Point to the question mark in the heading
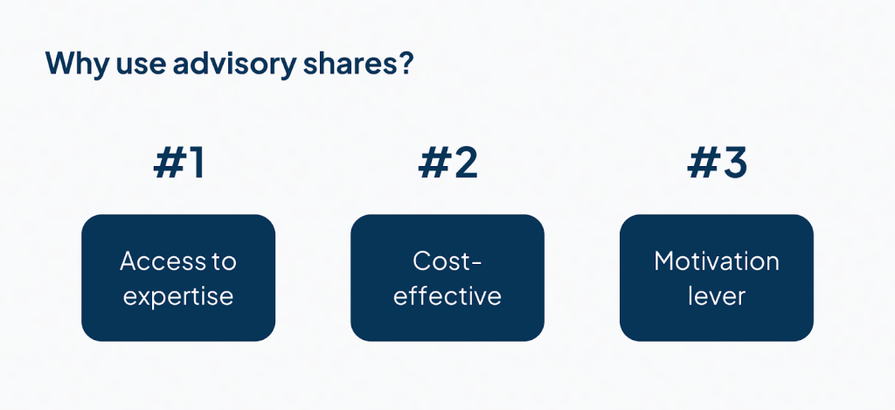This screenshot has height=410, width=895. (x=402, y=63)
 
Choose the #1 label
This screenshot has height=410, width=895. (x=178, y=163)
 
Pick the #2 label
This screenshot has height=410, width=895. (x=447, y=163)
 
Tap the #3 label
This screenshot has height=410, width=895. (x=717, y=163)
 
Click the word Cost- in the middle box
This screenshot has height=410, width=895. (x=447, y=261)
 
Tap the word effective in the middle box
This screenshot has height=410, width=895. (x=447, y=296)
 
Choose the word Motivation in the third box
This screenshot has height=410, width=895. (x=717, y=261)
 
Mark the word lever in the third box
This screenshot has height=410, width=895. (x=717, y=296)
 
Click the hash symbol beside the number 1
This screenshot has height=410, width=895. (x=167, y=164)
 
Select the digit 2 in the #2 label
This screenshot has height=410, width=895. (x=463, y=163)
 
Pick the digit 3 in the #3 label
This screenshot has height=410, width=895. (x=732, y=163)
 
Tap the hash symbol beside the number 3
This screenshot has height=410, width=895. (x=701, y=164)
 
